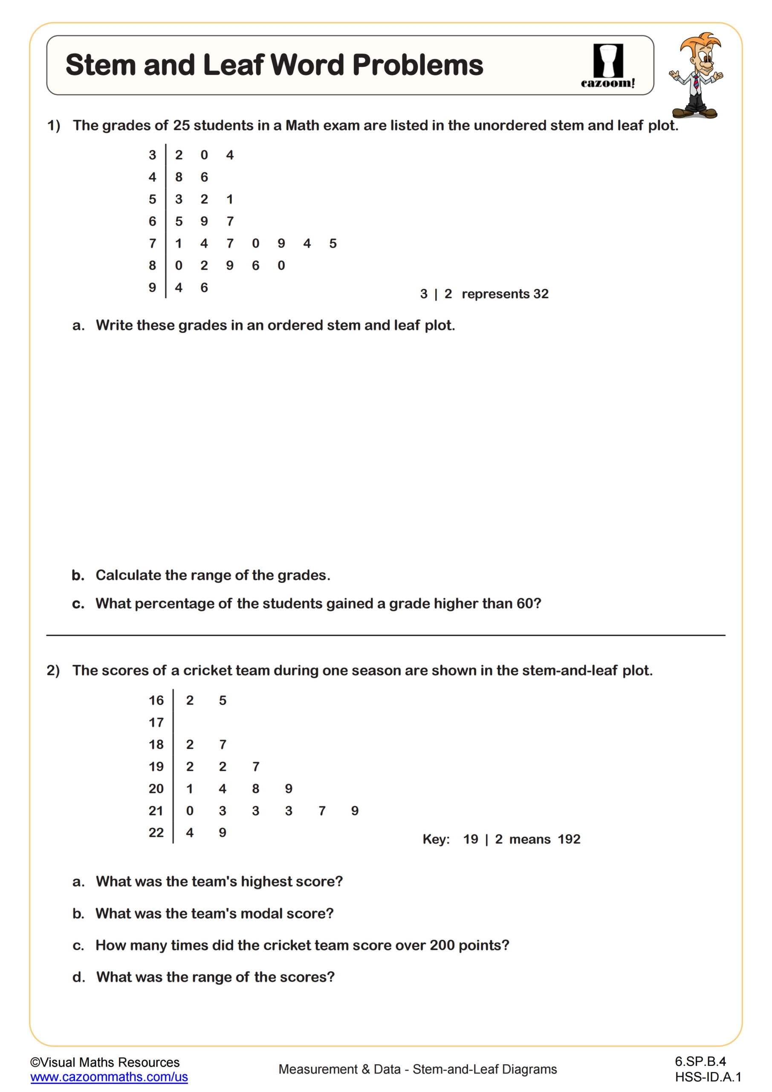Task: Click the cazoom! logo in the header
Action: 607,66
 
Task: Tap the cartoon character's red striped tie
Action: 695,83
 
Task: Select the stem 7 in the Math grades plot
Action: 152,244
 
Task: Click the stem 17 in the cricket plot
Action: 156,723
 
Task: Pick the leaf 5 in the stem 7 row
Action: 333,244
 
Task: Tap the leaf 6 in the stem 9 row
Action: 204,288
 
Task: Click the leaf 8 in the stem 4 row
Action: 179,177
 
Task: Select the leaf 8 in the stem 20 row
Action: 256,789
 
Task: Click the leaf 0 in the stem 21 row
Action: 190,810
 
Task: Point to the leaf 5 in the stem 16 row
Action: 223,700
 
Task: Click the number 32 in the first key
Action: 541,294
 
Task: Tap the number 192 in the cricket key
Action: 569,839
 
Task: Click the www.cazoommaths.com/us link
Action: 109,1077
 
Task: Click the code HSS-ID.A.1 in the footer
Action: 708,1077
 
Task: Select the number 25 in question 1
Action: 181,125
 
